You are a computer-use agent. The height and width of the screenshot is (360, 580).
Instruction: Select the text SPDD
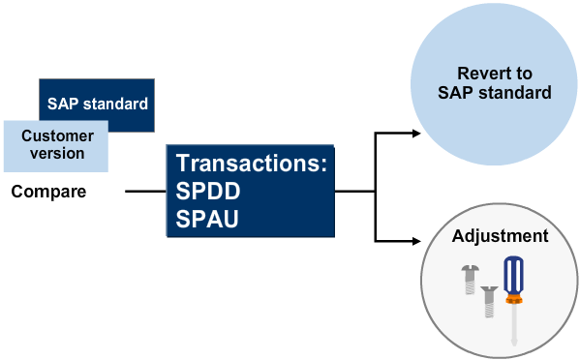tap(208, 191)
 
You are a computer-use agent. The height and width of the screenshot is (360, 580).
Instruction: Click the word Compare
tap(48, 192)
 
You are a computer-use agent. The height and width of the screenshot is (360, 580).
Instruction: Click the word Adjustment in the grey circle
tap(500, 236)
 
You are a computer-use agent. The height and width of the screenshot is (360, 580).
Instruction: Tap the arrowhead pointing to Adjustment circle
tap(419, 239)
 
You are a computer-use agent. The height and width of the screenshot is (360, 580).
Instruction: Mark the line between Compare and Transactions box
tap(145, 192)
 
